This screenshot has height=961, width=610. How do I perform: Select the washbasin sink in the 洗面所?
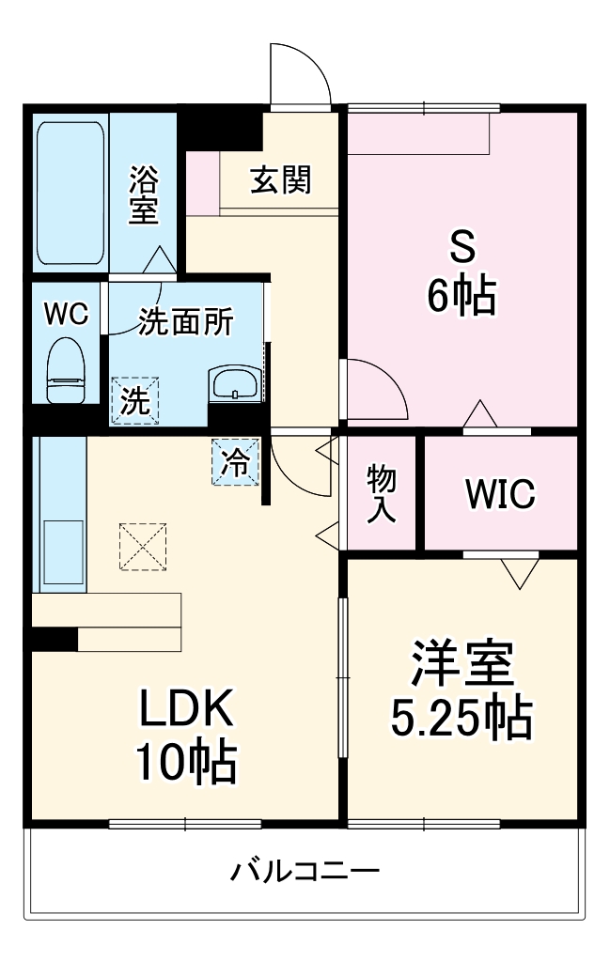(235, 383)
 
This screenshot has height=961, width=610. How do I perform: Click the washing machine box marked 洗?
(135, 401)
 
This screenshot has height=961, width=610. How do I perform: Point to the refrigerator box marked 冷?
(235, 462)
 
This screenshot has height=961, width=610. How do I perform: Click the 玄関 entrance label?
(279, 179)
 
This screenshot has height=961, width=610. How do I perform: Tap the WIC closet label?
(499, 492)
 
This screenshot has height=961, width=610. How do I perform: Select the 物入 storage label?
(381, 493)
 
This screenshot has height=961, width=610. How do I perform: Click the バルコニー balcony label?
(305, 871)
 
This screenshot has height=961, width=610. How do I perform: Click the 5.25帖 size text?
(461, 719)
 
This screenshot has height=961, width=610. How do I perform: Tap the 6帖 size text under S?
(461, 298)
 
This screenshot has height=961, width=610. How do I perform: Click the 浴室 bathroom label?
(143, 194)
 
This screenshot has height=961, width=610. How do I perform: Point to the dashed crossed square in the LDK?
(144, 546)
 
